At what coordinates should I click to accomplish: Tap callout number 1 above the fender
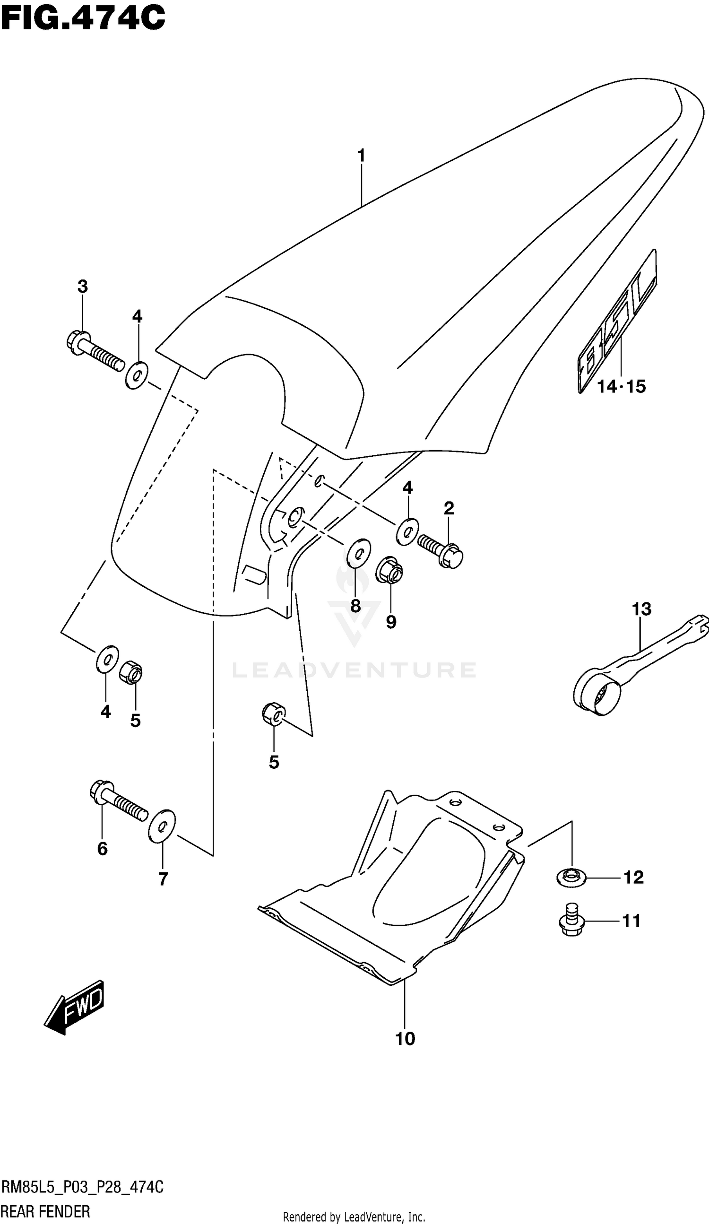(x=361, y=156)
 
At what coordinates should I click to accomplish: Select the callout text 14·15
(x=621, y=387)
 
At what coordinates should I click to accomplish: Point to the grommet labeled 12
(x=571, y=878)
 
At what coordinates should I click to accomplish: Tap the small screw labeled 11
(x=572, y=921)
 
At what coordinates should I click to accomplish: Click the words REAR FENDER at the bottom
(x=45, y=1211)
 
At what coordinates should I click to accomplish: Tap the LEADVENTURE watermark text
(x=354, y=670)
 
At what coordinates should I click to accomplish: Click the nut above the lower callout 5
(x=273, y=714)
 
